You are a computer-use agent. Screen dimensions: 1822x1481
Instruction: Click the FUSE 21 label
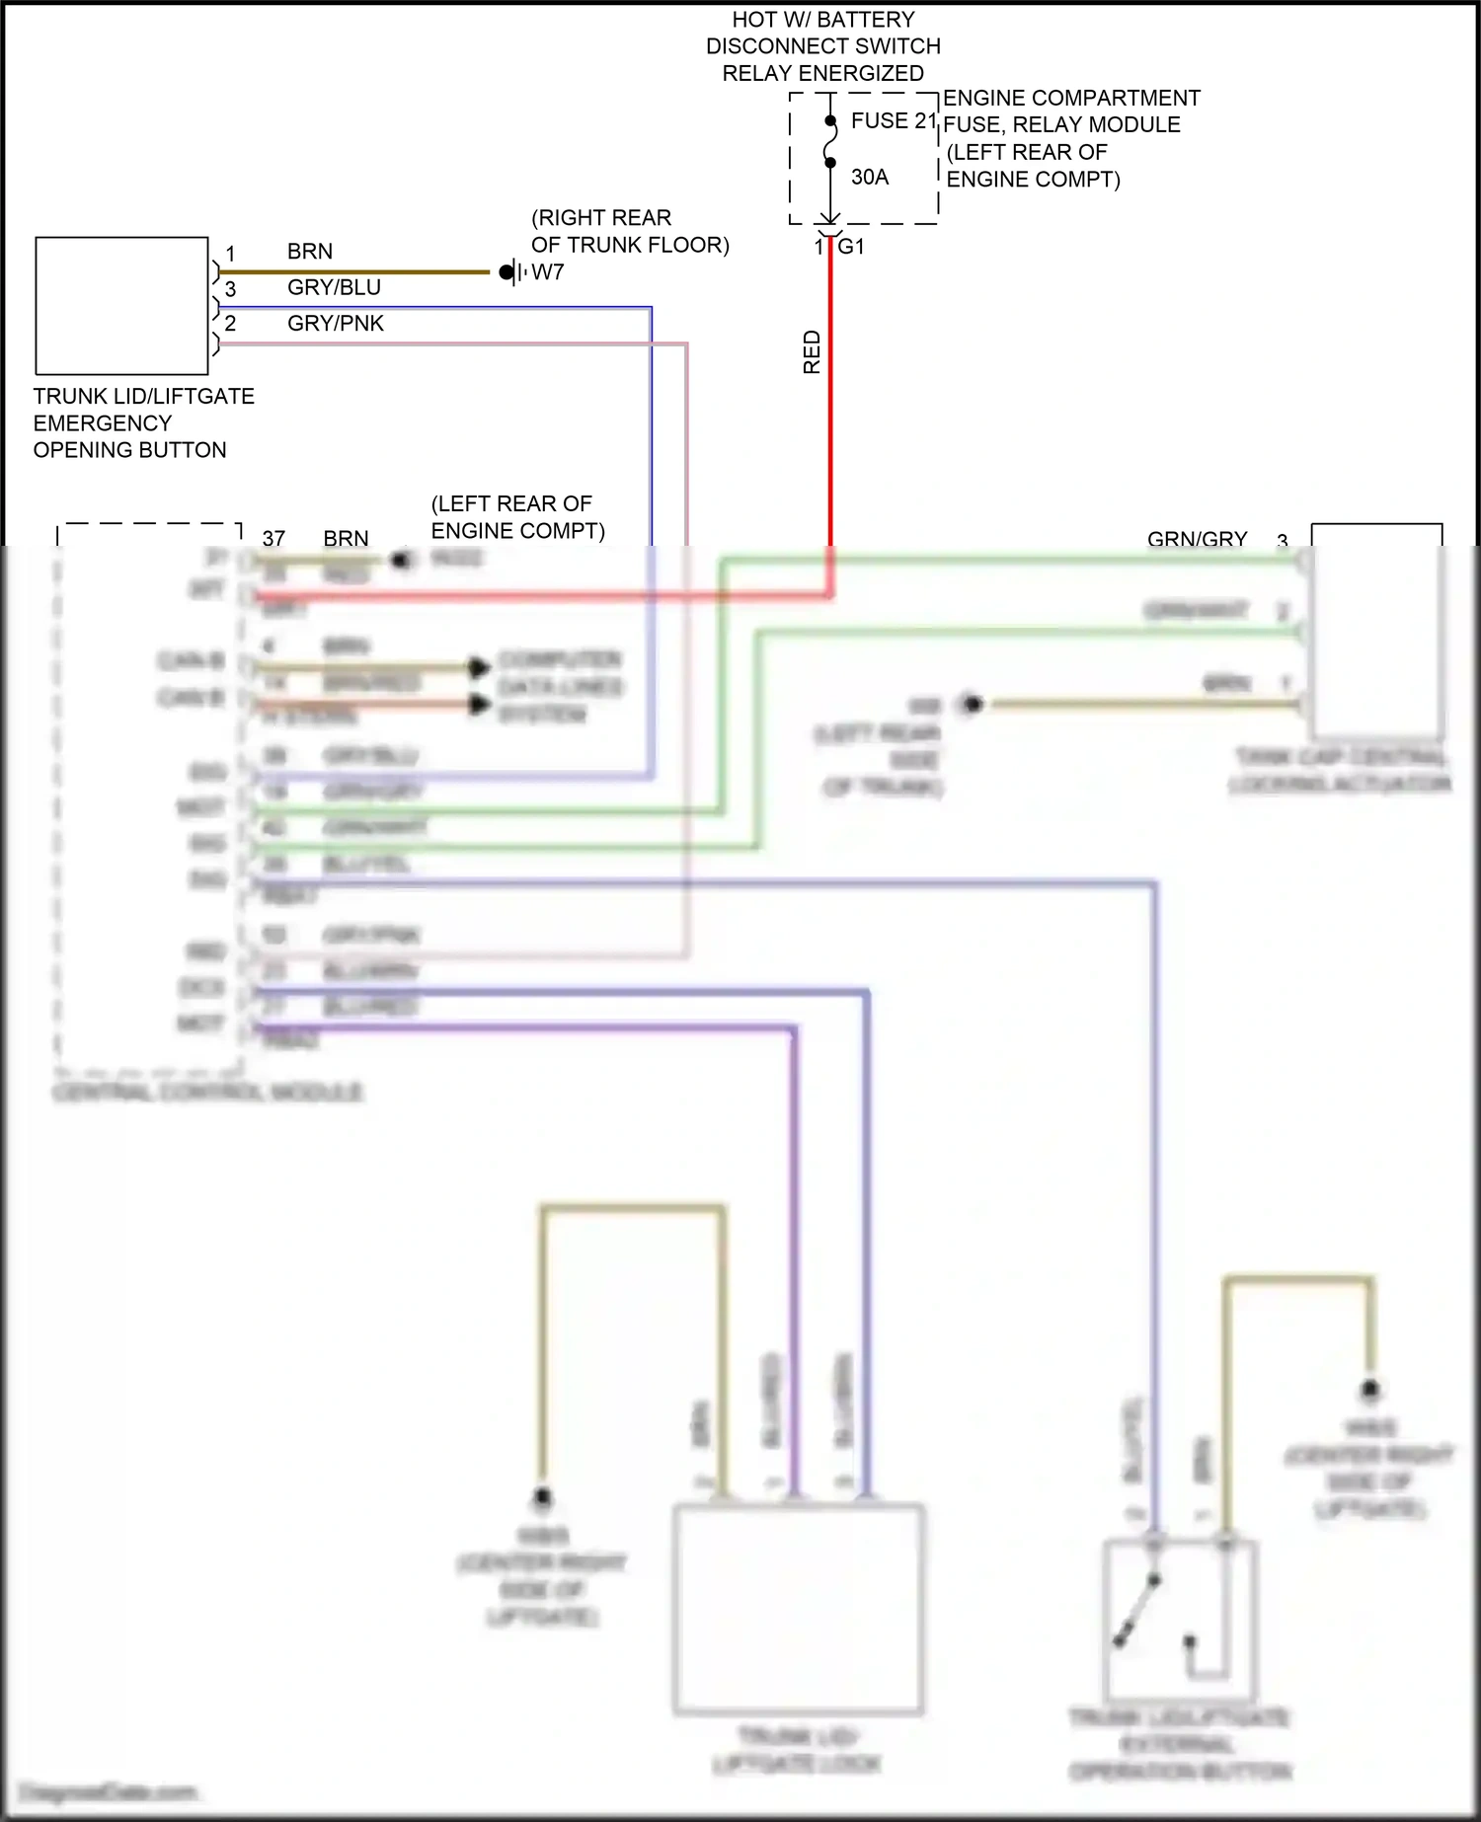click(x=893, y=120)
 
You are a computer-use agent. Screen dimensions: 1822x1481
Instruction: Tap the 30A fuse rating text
click(x=869, y=177)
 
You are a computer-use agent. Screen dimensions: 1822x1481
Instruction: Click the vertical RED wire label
click(x=812, y=352)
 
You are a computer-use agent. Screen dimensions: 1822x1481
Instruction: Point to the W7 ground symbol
click(x=509, y=271)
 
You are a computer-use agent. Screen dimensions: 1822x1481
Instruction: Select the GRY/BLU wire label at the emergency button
click(x=334, y=287)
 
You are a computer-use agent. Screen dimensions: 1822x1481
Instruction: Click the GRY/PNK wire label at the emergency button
click(x=335, y=323)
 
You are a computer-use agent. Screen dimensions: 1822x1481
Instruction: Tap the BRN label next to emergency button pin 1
click(x=309, y=252)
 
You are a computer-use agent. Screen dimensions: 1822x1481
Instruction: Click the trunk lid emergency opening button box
click(x=121, y=305)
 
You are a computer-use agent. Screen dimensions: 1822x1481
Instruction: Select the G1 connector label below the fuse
click(x=851, y=247)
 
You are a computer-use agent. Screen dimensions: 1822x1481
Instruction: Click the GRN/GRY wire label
click(x=1197, y=539)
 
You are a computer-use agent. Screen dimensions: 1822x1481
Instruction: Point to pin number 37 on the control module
click(x=273, y=538)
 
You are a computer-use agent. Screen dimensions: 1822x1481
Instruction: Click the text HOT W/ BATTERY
click(x=822, y=20)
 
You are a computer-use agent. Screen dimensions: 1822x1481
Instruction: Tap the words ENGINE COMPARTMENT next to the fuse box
click(x=1071, y=98)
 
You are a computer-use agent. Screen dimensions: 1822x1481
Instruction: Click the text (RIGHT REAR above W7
click(x=601, y=217)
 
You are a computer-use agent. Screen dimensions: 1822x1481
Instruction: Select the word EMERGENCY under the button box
click(x=103, y=423)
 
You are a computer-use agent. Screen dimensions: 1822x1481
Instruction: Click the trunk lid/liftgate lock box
click(x=798, y=1609)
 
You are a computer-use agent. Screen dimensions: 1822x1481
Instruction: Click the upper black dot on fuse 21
click(x=830, y=121)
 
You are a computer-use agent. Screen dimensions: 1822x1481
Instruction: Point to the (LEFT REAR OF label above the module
click(x=511, y=503)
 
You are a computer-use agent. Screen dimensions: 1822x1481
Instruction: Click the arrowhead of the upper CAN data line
click(x=479, y=667)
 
